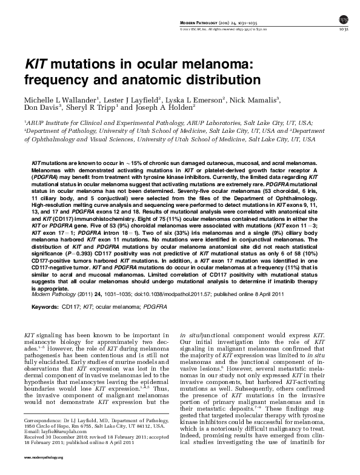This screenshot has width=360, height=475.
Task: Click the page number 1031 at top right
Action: coord(343,28)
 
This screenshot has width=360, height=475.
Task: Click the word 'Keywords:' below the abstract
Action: coord(41,308)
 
